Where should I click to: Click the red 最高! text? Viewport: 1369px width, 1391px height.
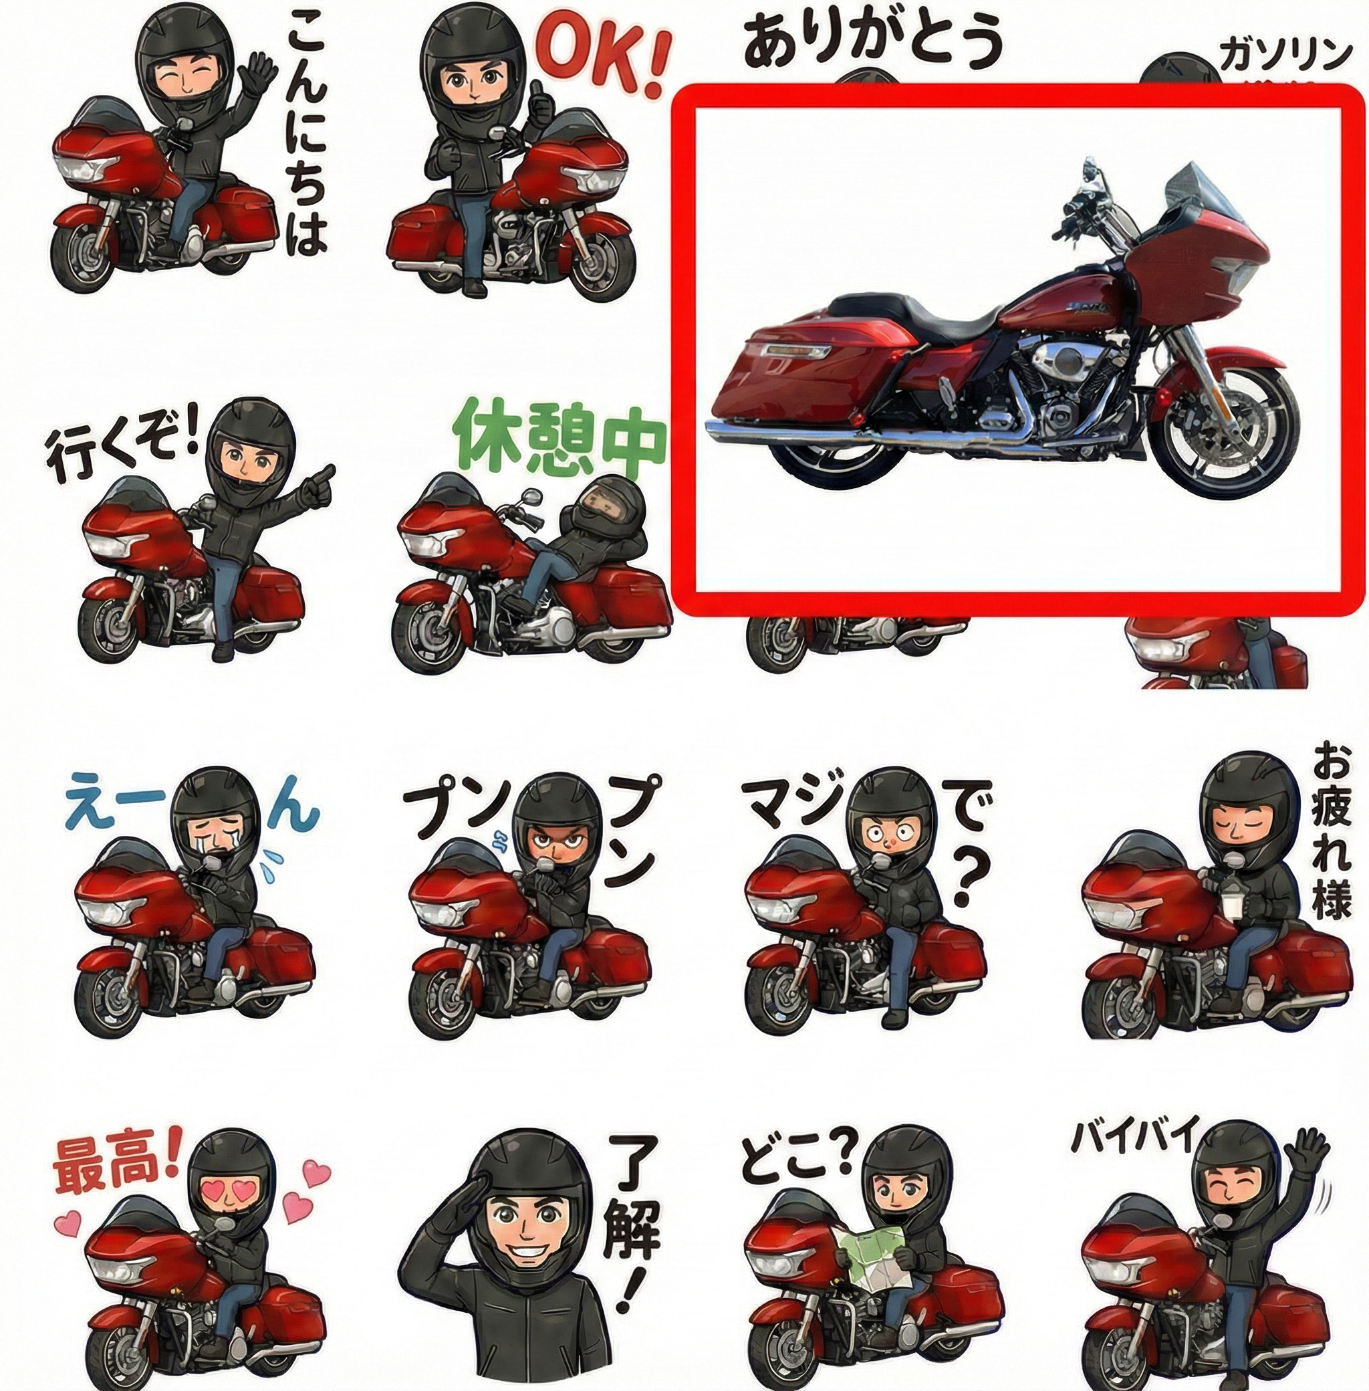(x=116, y=1164)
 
